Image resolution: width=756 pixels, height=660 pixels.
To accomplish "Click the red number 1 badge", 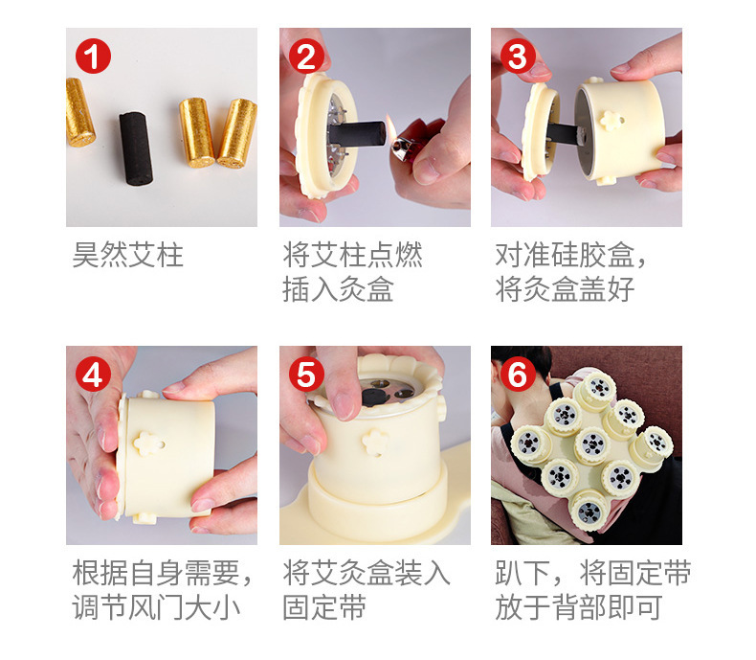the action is pyautogui.click(x=93, y=56).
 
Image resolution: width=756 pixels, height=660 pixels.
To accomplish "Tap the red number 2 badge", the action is pyautogui.click(x=306, y=56).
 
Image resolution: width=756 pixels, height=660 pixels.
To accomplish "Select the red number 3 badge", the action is pyautogui.click(x=518, y=56).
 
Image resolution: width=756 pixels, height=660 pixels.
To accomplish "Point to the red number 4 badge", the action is pyautogui.click(x=93, y=375).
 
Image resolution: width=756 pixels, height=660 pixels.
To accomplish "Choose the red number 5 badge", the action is pyautogui.click(x=306, y=375).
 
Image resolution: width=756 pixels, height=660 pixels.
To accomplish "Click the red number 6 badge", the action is pyautogui.click(x=518, y=375).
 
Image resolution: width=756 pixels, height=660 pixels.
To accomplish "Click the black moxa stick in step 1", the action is pyautogui.click(x=136, y=148).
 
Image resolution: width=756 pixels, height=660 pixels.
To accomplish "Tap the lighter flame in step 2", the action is pyautogui.click(x=391, y=127).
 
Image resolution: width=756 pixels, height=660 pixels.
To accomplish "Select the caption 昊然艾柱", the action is pyautogui.click(x=128, y=255).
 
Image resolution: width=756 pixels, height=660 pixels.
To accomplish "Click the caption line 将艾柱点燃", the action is pyautogui.click(x=352, y=255).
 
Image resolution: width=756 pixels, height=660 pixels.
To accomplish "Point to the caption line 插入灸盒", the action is pyautogui.click(x=338, y=289).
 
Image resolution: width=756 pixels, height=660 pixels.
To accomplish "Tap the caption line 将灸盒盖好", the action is pyautogui.click(x=565, y=289).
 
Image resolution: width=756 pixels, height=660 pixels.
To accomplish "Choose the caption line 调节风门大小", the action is pyautogui.click(x=156, y=607).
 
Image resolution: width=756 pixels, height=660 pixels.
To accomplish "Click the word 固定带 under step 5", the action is pyautogui.click(x=324, y=607).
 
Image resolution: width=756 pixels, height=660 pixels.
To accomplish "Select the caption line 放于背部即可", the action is pyautogui.click(x=579, y=607).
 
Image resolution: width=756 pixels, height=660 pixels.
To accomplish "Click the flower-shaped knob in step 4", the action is pyautogui.click(x=148, y=444).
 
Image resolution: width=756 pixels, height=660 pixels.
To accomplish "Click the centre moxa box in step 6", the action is pyautogui.click(x=592, y=444).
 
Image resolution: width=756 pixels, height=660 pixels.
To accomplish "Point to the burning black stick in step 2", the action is pyautogui.click(x=357, y=134).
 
